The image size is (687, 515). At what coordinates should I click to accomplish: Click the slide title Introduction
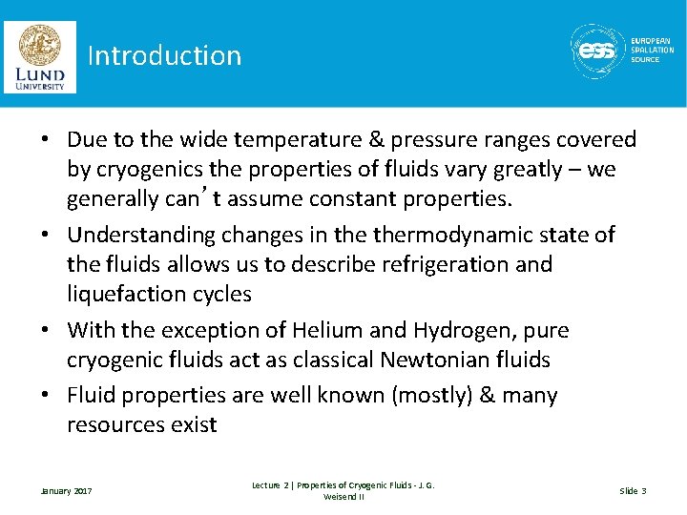[x=164, y=55]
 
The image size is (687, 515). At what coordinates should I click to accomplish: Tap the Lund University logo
[x=39, y=56]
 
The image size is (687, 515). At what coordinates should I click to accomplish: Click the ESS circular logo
[x=597, y=51]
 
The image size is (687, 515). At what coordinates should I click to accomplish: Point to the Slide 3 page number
[x=633, y=491]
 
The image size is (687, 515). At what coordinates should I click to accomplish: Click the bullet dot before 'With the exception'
[x=45, y=331]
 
